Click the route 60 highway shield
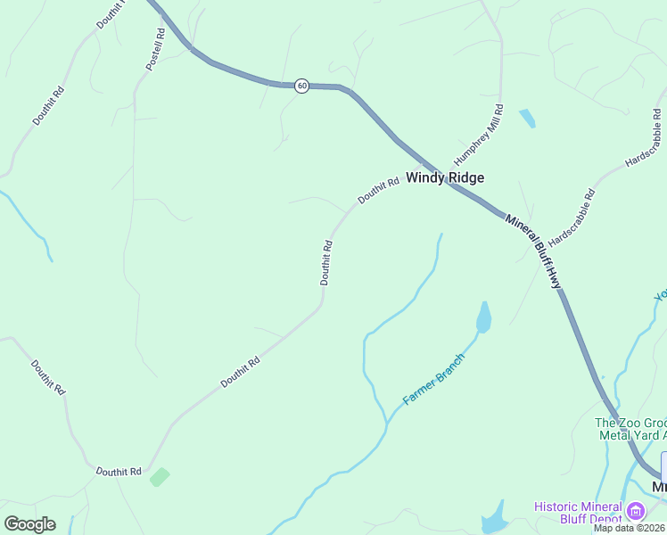pos(302,86)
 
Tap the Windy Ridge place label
pos(445,177)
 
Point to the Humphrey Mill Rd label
pos(479,134)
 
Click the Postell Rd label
pos(155,49)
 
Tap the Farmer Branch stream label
pos(434,379)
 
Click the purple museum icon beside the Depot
pos(635,512)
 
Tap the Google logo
pos(29,523)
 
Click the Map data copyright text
pos(630,528)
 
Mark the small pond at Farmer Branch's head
pos(483,317)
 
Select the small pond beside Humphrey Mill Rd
pos(527,118)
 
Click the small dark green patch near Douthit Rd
pos(160,476)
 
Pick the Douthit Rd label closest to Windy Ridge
pos(378,191)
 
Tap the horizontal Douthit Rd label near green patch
pos(119,472)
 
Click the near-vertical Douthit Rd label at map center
pos(326,262)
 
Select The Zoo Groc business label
pos(630,423)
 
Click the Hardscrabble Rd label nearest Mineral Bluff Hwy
pos(571,218)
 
